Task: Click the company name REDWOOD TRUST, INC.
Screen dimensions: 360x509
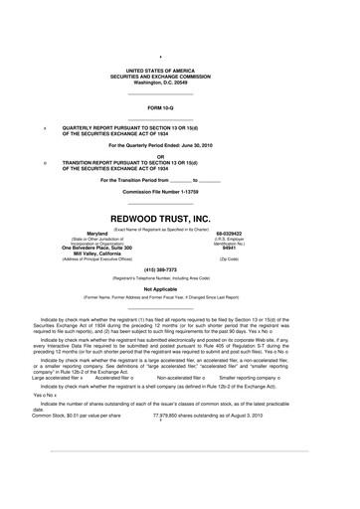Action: (x=180, y=215)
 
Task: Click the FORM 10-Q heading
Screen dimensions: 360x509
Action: (x=180, y=105)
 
